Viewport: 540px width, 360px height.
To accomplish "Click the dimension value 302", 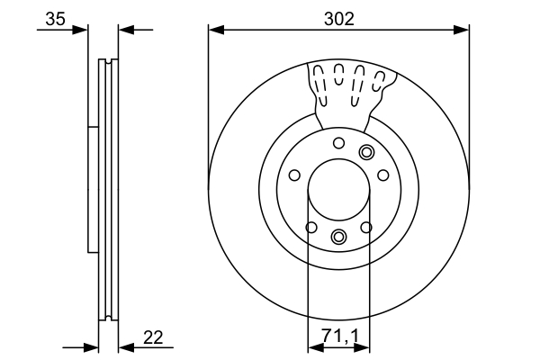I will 338,16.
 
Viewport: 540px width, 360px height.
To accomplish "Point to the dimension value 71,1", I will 338,338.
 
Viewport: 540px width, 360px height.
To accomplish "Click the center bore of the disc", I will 338,192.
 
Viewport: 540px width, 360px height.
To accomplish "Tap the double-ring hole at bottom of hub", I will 338,237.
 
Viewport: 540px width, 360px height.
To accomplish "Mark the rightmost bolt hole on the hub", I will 382,175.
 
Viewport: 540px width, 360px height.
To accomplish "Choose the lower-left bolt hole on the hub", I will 310,227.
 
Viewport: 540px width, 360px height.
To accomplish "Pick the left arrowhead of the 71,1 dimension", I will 313,346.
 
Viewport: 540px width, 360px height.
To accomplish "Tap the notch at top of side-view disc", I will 107,62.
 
